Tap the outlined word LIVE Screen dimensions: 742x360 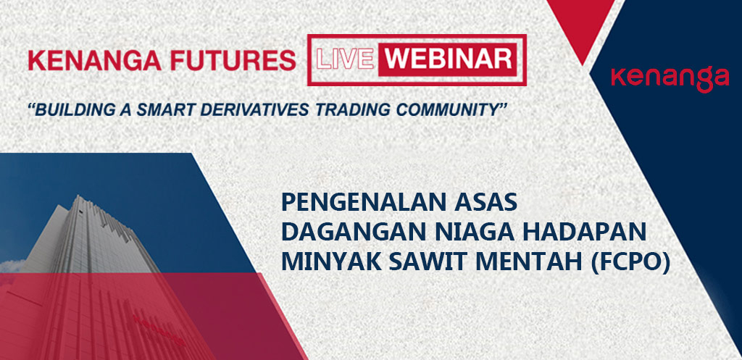tap(344, 59)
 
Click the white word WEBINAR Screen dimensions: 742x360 tap(447, 59)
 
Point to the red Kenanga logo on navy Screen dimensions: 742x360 tap(670, 79)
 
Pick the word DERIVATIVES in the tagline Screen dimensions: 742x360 tap(249, 110)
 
